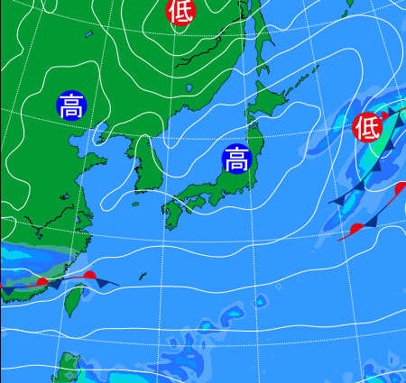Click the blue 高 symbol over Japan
tap(236, 160)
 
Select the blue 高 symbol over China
tap(70, 105)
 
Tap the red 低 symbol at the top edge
tap(180, 11)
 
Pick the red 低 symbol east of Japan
tap(367, 127)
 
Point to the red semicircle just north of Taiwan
tap(89, 275)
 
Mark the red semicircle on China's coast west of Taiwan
tap(42, 282)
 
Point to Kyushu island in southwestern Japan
tap(172, 214)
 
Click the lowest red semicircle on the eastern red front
tap(357, 228)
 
